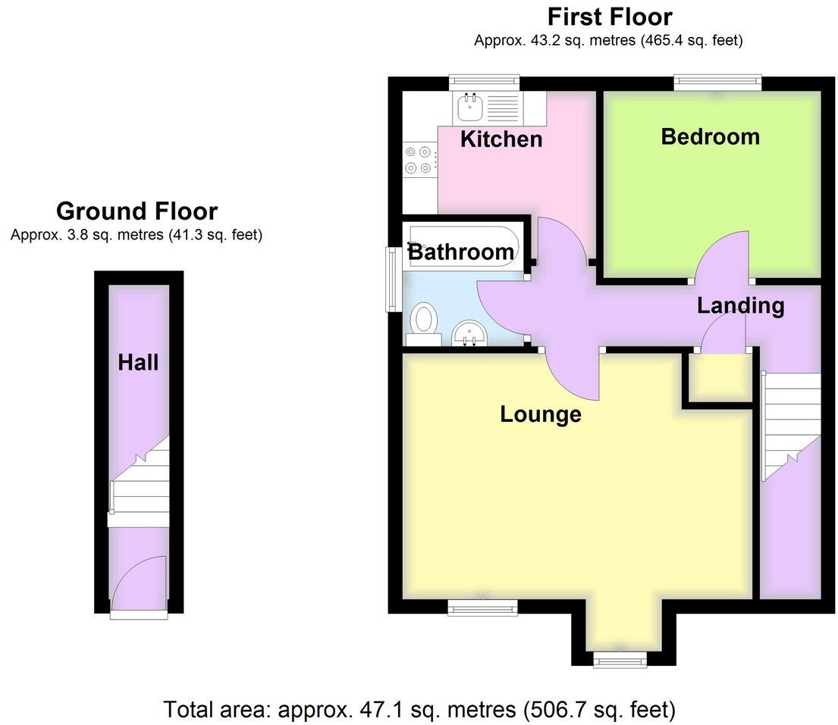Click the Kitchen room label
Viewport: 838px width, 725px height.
click(x=501, y=139)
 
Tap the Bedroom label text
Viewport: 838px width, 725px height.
click(x=710, y=136)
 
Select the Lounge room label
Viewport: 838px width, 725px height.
click(x=541, y=414)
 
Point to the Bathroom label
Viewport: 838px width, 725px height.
click(x=461, y=252)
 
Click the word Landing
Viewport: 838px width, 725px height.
click(x=740, y=306)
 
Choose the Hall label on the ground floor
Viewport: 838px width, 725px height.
click(x=138, y=363)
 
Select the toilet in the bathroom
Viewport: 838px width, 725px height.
click(x=424, y=320)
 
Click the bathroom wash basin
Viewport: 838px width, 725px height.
click(x=470, y=333)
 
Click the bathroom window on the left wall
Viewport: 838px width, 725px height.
click(x=394, y=280)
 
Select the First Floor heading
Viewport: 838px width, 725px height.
click(x=609, y=16)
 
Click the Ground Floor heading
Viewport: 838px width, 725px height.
click(x=137, y=211)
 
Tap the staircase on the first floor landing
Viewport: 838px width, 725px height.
click(x=791, y=424)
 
